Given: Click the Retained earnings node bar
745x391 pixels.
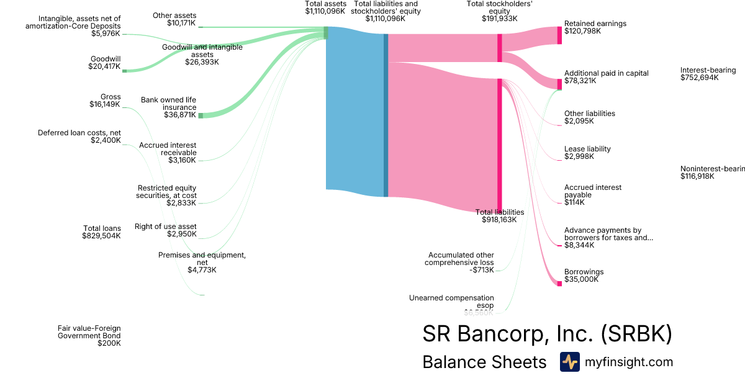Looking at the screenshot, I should (x=559, y=35).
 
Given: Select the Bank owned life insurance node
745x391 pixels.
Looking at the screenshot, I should (x=201, y=115).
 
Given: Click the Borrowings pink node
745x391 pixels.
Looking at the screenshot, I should (x=559, y=283).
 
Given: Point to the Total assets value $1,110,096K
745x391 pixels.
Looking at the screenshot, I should (x=325, y=11).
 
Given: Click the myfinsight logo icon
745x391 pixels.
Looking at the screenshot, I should (x=569, y=362).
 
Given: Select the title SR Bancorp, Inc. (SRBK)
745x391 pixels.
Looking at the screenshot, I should (x=547, y=334).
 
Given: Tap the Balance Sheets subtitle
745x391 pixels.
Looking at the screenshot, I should (x=484, y=362).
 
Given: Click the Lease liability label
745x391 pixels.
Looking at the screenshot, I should (x=587, y=149).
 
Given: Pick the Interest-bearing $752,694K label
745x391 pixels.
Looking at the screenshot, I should (x=708, y=74).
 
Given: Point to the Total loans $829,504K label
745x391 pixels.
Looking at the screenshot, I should (x=102, y=232).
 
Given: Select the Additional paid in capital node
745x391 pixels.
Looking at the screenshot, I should (x=559, y=84).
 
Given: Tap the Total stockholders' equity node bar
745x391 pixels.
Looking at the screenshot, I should (x=500, y=48).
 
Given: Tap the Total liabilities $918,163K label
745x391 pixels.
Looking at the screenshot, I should (x=499, y=215).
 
